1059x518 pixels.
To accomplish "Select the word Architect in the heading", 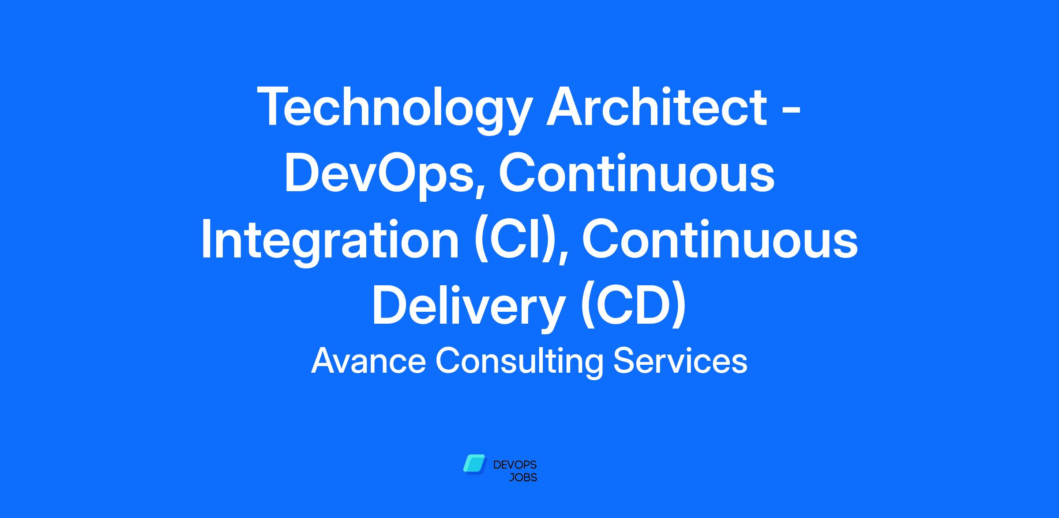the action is click(657, 106).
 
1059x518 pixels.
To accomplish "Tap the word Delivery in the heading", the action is click(468, 307).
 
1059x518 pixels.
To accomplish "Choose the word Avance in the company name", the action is click(368, 361).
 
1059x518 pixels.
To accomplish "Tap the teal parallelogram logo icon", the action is click(475, 464).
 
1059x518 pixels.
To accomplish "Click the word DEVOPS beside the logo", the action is click(514, 465).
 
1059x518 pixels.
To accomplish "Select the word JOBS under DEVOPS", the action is click(523, 478).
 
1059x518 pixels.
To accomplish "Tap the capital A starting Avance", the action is click(324, 361).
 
